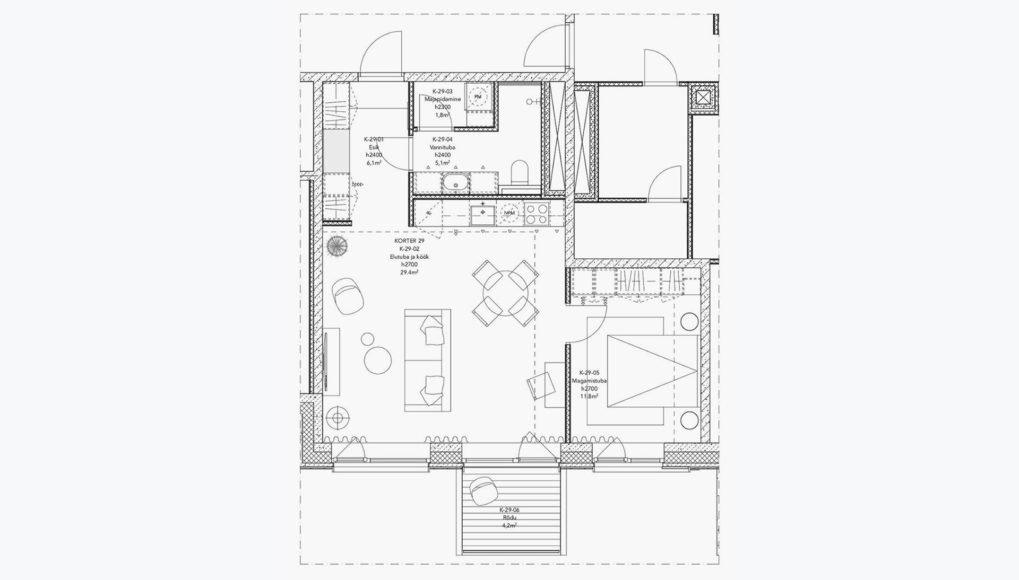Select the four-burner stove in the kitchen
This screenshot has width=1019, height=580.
[537, 214]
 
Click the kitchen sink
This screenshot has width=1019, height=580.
[482, 213]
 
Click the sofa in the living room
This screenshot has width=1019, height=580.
[428, 361]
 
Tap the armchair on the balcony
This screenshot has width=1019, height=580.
[482, 490]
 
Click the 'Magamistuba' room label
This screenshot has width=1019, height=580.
[589, 381]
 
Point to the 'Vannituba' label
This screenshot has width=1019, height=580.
[443, 147]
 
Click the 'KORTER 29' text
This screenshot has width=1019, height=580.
[409, 241]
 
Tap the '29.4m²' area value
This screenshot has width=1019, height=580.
[409, 273]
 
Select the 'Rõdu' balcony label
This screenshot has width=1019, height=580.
[509, 517]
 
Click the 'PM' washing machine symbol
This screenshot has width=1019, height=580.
[478, 96]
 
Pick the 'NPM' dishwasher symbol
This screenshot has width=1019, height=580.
[509, 213]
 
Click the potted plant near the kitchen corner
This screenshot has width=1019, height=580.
[337, 247]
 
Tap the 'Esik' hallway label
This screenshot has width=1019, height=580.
[374, 147]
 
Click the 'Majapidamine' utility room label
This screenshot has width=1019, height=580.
[443, 99]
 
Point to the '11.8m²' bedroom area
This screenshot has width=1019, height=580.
[589, 396]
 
